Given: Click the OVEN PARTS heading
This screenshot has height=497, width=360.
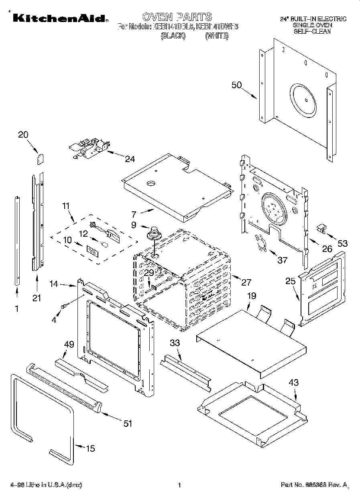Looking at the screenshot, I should pyautogui.click(x=177, y=17).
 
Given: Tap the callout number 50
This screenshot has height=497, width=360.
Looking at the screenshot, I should pyautogui.click(x=237, y=85).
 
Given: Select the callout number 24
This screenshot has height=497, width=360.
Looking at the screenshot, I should pyautogui.click(x=130, y=159).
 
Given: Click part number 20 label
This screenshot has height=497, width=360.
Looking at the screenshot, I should pyautogui.click(x=23, y=135).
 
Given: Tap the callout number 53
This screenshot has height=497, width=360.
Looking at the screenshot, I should pyautogui.click(x=342, y=243).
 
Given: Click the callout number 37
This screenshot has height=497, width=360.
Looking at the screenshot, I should pyautogui.click(x=283, y=260).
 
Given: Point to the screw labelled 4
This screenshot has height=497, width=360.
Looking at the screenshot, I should pyautogui.click(x=63, y=306).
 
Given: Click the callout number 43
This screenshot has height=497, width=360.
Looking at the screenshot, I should pyautogui.click(x=294, y=383).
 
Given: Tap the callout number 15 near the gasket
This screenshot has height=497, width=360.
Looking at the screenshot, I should pyautogui.click(x=91, y=448).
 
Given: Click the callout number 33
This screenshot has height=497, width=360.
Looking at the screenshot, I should pyautogui.click(x=175, y=343).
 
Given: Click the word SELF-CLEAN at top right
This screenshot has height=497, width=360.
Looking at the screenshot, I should pyautogui.click(x=312, y=31).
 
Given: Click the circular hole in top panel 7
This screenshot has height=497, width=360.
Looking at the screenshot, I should pyautogui.click(x=152, y=183).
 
